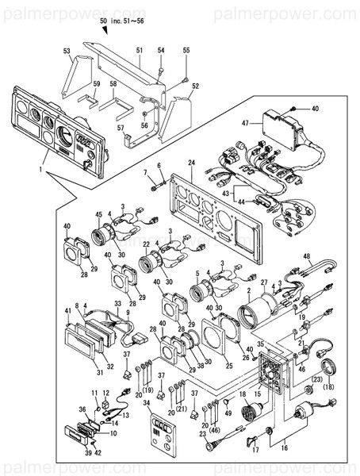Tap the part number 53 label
(x=67, y=51)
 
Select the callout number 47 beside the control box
(x=246, y=123)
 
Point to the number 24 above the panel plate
(x=190, y=163)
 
